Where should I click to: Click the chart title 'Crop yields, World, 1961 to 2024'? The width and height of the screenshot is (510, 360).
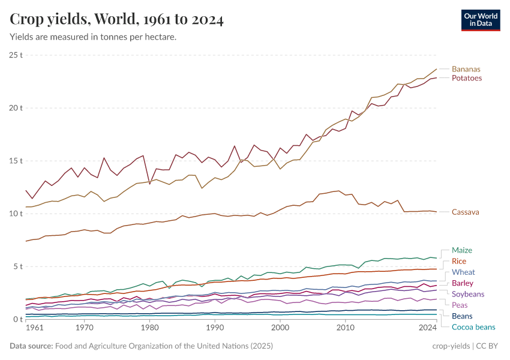click(117, 20)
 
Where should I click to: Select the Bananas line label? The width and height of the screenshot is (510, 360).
click(466, 69)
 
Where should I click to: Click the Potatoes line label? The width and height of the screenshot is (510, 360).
click(466, 78)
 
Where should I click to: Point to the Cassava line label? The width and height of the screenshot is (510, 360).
click(466, 212)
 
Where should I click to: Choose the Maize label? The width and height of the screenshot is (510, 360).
click(461, 250)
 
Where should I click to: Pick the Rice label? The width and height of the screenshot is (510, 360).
click(458, 261)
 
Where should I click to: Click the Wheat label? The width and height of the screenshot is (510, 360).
click(463, 272)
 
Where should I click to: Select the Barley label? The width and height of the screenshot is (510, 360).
click(462, 283)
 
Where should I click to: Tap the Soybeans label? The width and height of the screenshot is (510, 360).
click(467, 294)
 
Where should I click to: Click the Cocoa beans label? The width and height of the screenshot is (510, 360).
click(473, 327)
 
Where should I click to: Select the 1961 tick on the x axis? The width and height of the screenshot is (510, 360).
click(34, 329)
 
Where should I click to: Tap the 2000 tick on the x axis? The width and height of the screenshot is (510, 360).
click(280, 329)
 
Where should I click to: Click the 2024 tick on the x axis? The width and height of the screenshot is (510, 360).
click(427, 329)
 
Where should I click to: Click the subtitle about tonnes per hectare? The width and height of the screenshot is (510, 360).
click(93, 37)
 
